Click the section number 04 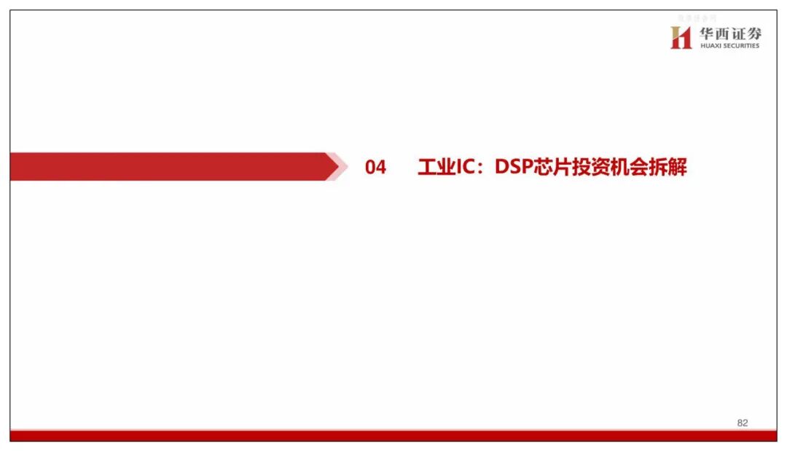tap(375, 168)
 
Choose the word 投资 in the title tap(591, 168)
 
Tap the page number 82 tap(743, 423)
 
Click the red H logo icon tap(681, 38)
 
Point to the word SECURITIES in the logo tap(742, 46)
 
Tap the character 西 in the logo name tap(723, 34)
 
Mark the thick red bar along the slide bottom tap(393, 436)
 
